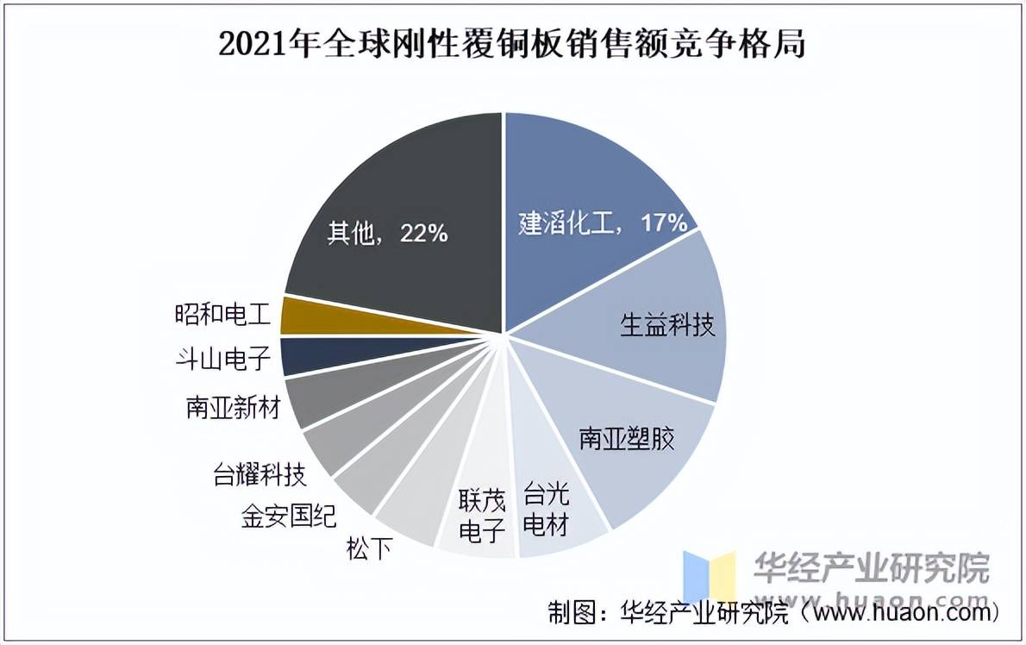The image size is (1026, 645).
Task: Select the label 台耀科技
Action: (260, 473)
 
